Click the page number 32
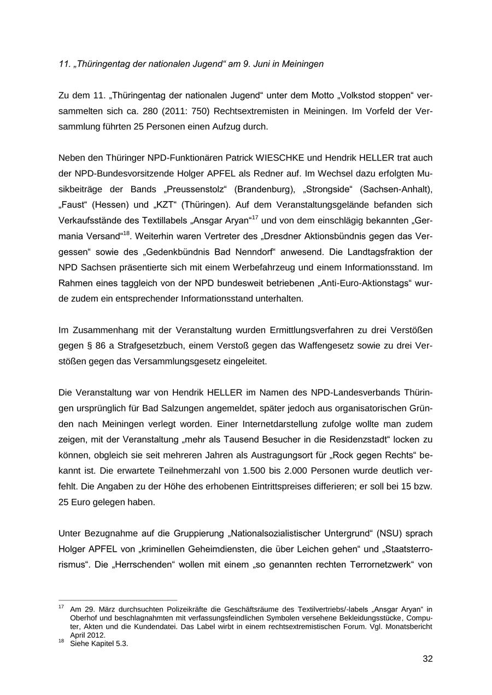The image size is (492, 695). click(427, 659)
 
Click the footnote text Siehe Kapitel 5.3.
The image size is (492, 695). click(99, 644)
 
